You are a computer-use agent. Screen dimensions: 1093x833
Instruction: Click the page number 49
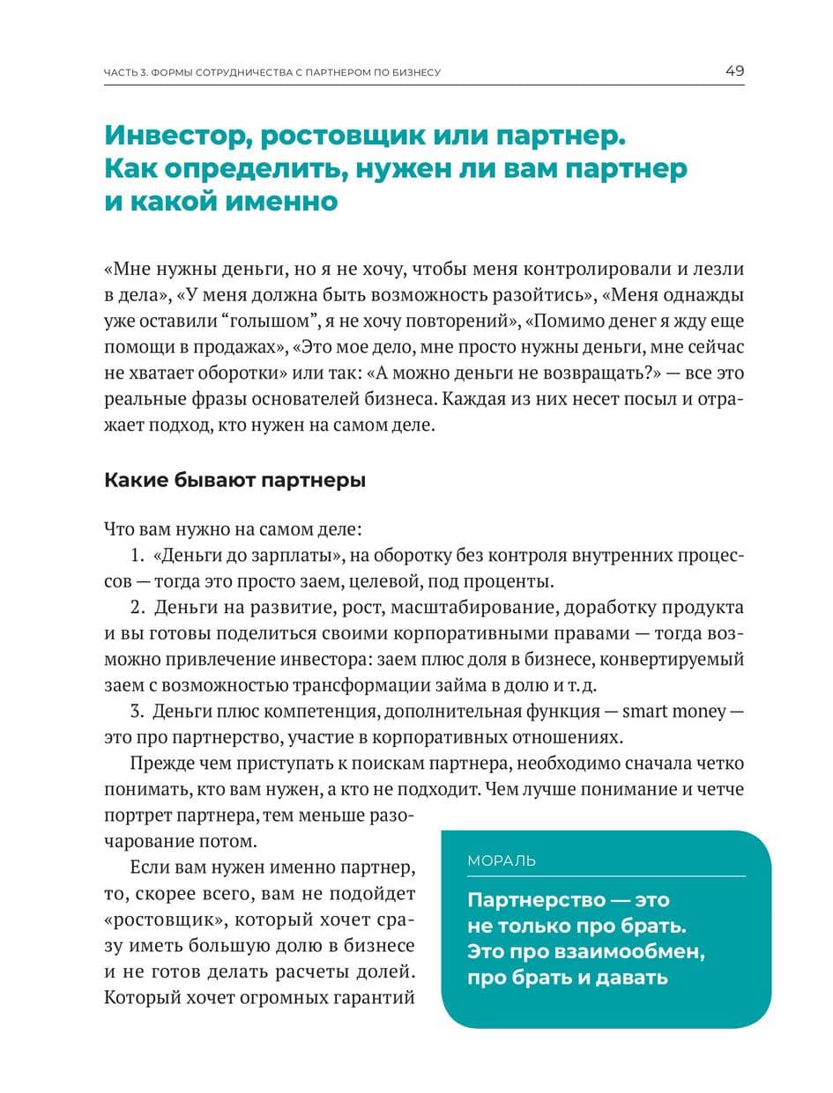(734, 70)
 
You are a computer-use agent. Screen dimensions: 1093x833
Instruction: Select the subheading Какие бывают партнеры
(234, 481)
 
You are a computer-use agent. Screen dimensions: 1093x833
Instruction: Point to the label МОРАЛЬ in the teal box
(501, 860)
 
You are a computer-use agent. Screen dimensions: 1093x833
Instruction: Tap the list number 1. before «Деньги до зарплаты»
(137, 557)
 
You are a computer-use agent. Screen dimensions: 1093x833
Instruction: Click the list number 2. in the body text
(137, 608)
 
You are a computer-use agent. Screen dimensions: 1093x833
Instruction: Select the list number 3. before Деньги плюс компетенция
(137, 711)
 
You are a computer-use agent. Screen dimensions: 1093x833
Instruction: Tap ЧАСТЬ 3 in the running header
(130, 72)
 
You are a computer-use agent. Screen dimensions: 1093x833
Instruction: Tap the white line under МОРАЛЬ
(606, 876)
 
